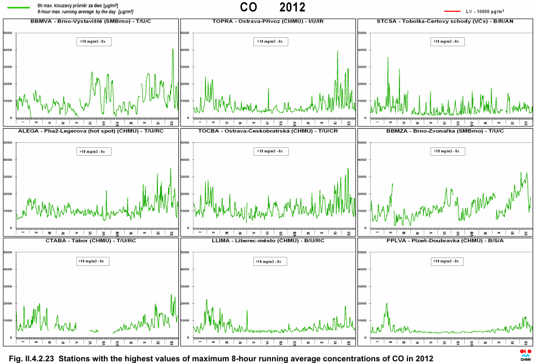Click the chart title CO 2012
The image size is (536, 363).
coord(273,7)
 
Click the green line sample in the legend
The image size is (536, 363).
coord(19,7)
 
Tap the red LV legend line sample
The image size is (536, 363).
coord(452,11)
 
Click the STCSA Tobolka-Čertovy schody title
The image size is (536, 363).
coord(446,21)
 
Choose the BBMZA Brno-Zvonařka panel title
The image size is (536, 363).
coord(446,131)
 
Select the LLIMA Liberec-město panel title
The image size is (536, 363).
coord(268,240)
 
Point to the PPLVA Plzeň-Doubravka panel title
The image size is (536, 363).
coord(446,240)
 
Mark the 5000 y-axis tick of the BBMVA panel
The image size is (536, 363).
coord(8,33)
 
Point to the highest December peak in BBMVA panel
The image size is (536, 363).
coord(173,49)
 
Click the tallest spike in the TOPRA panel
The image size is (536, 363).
coord(337,51)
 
